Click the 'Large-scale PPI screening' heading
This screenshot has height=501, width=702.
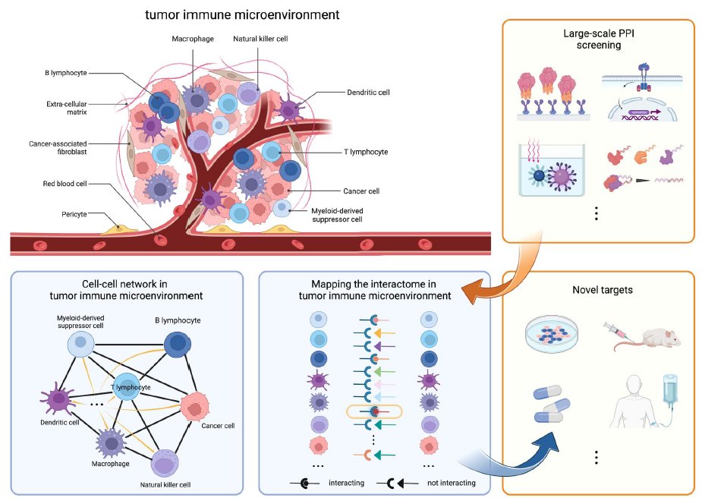(597, 39)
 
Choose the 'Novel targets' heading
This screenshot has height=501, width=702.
(597, 291)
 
